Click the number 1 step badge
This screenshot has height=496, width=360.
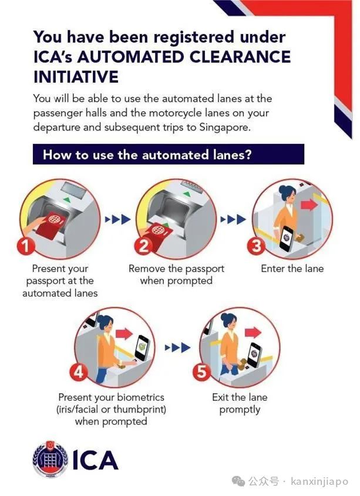pyautogui.click(x=26, y=246)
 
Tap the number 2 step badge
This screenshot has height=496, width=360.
pyautogui.click(x=143, y=246)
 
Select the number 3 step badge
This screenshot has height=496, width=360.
pyautogui.click(x=255, y=246)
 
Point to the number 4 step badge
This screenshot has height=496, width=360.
pyautogui.click(x=79, y=371)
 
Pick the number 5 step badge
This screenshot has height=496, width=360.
pyautogui.click(x=201, y=371)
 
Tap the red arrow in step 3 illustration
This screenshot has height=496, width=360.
pyautogui.click(x=309, y=205)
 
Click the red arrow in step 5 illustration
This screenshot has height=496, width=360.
pyautogui.click(x=253, y=332)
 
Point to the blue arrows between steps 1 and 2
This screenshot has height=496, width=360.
pyautogui.click(x=117, y=219)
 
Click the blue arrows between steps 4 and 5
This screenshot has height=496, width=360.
pyautogui.click(x=177, y=348)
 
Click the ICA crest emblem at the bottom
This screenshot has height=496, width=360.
pyautogui.click(x=51, y=460)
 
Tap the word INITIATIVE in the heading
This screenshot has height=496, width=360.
pyautogui.click(x=76, y=77)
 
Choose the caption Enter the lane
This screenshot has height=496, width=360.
pyautogui.click(x=292, y=269)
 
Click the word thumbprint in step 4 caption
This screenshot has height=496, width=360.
pyautogui.click(x=139, y=410)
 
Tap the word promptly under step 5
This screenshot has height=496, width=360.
pyautogui.click(x=240, y=410)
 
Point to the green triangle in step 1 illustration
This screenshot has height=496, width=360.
pyautogui.click(x=67, y=200)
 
